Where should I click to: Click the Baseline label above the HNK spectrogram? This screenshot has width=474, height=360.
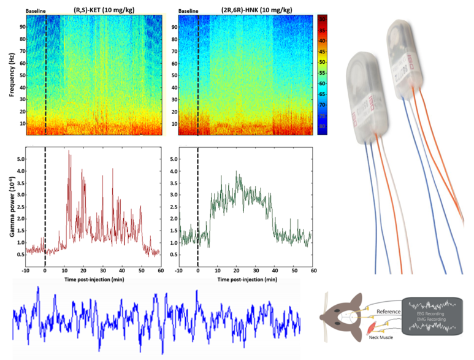[189, 11]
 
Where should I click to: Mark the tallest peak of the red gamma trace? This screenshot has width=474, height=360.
[69, 151]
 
